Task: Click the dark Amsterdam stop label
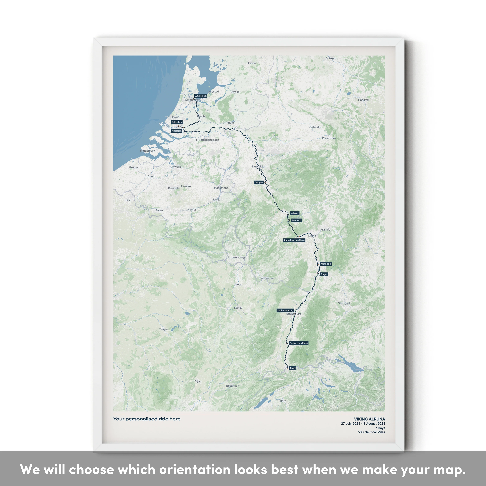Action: tap(201, 96)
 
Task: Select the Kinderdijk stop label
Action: tap(176, 131)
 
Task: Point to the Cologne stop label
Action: tap(259, 183)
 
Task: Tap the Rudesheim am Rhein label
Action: tap(294, 240)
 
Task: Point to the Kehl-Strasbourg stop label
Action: tap(285, 310)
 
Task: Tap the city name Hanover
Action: tap(363, 100)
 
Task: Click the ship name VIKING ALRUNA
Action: tap(369, 419)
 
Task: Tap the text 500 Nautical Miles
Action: tap(371, 432)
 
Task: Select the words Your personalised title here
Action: tap(147, 419)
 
